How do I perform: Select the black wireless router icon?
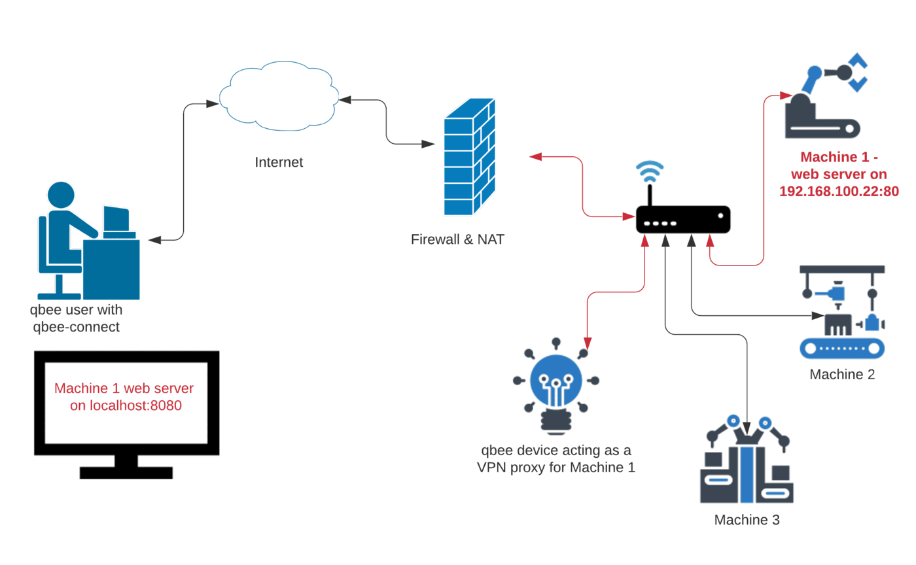pyautogui.click(x=683, y=219)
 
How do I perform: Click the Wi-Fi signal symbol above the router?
pyautogui.click(x=650, y=172)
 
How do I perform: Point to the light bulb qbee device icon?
pyautogui.click(x=555, y=386)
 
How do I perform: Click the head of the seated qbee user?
pyautogui.click(x=61, y=195)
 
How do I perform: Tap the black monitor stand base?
pyautogui.click(x=126, y=472)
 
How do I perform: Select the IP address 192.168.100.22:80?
pyautogui.click(x=839, y=192)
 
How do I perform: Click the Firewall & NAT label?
pyautogui.click(x=457, y=239)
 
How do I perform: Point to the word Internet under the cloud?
pyautogui.click(x=279, y=162)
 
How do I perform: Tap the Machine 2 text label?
pyautogui.click(x=841, y=375)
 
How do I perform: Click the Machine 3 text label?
pyautogui.click(x=747, y=521)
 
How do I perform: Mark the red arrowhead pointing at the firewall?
pyautogui.click(x=535, y=156)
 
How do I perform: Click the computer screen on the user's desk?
pyautogui.click(x=116, y=219)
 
